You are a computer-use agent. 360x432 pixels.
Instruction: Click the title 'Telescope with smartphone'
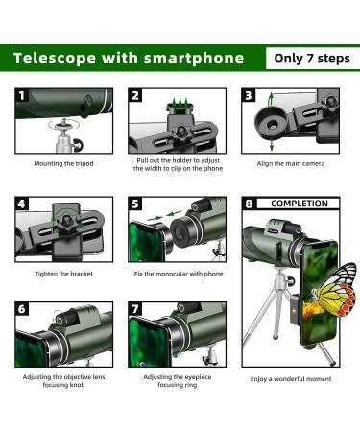[x=128, y=58]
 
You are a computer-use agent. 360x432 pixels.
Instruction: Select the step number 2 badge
[x=136, y=96]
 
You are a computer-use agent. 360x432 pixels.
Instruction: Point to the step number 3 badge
[x=249, y=96]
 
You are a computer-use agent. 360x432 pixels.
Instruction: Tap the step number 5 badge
[x=136, y=204]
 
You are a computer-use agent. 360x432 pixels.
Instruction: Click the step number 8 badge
[x=250, y=204]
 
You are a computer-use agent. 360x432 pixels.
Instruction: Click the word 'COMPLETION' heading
[x=298, y=204]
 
